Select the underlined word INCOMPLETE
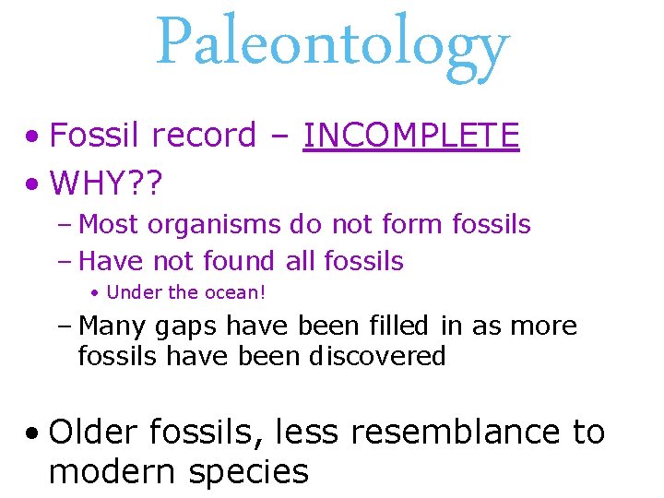pyautogui.click(x=411, y=136)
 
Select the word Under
pyautogui.click(x=134, y=292)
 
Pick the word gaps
pyautogui.click(x=186, y=327)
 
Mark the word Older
pyautogui.click(x=93, y=432)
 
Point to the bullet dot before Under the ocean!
pyautogui.click(x=95, y=293)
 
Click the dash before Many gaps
pyautogui.click(x=69, y=326)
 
